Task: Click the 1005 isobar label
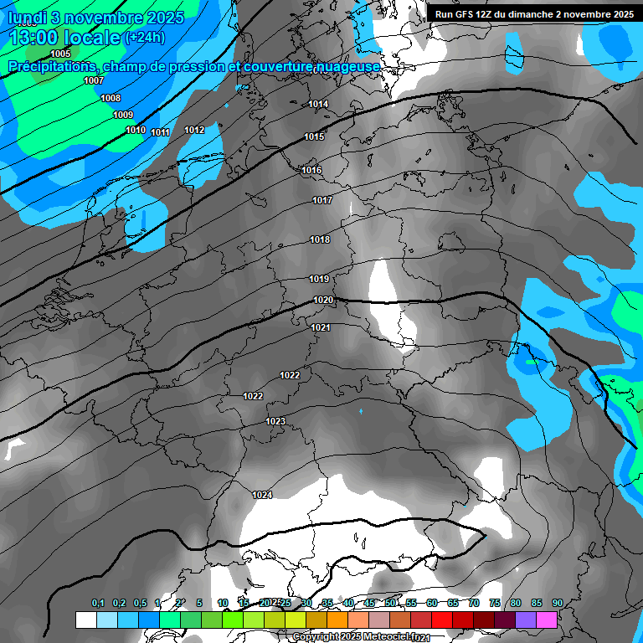pos(60,54)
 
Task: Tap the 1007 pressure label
pos(94,81)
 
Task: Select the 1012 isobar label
pos(194,130)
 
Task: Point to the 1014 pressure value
pos(318,104)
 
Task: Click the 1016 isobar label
pos(311,170)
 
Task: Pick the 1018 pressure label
pos(320,239)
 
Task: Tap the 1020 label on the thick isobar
pos(323,300)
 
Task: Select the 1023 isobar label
pos(275,421)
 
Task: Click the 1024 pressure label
pos(262,495)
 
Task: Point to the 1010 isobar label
pos(136,130)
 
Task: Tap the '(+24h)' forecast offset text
pos(145,37)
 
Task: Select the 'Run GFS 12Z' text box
pos(534,13)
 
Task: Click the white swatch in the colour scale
pos(85,620)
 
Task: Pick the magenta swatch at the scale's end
pos(547,620)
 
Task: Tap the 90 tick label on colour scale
pos(557,603)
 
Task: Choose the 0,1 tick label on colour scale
pos(97,603)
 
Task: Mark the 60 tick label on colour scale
pos(432,603)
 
